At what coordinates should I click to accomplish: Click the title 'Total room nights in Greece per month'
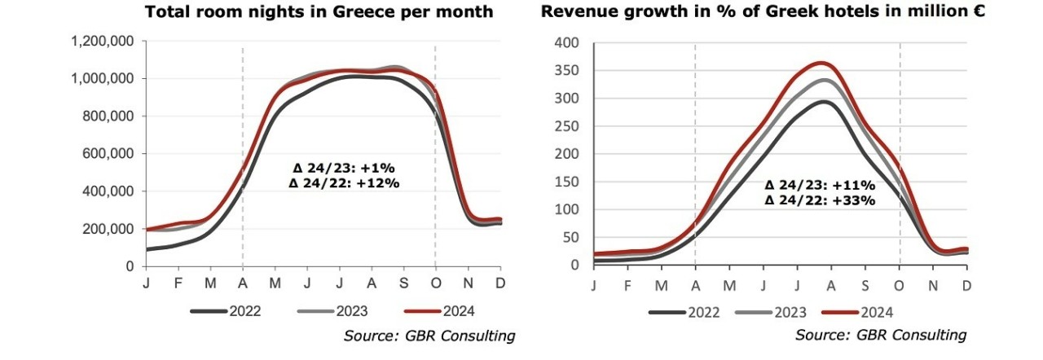coord(319,12)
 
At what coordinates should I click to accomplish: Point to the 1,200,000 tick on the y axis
coord(102,41)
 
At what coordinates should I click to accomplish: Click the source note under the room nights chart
coord(429,336)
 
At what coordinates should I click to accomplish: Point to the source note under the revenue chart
coord(881,335)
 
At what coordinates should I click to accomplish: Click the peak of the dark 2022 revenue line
coord(823,102)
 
